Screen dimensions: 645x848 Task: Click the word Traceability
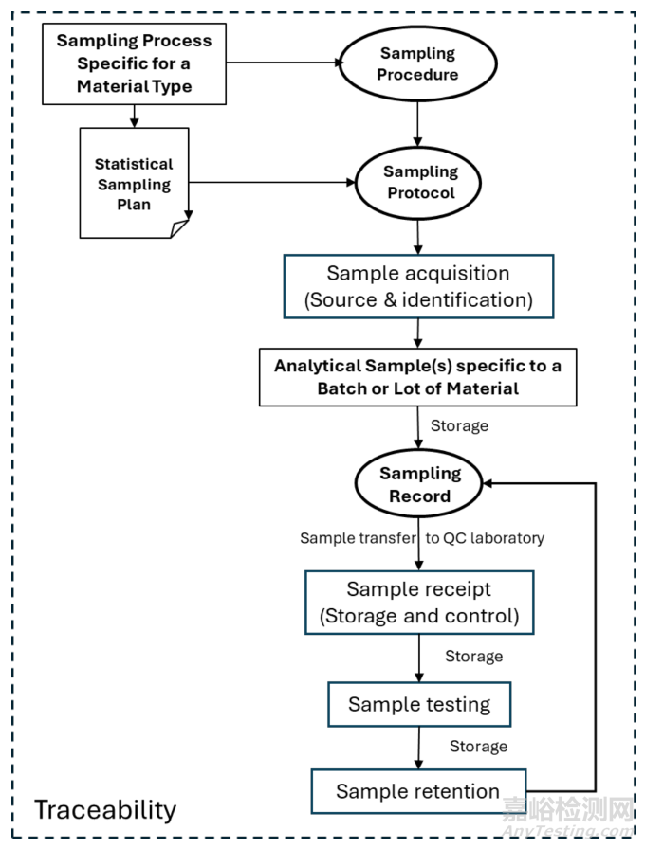[x=105, y=810]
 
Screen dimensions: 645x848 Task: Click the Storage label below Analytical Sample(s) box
[x=459, y=426]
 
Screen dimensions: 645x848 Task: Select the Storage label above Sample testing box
[x=474, y=657]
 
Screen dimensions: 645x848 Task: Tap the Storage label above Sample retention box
[x=478, y=747]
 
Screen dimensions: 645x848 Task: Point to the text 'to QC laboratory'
[x=485, y=538]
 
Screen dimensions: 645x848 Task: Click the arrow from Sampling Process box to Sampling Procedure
[x=285, y=63]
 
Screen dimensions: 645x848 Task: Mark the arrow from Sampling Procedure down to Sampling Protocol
[x=417, y=124]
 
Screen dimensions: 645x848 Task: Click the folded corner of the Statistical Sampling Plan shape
[x=179, y=228]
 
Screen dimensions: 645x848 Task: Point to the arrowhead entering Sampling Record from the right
[x=487, y=483]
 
